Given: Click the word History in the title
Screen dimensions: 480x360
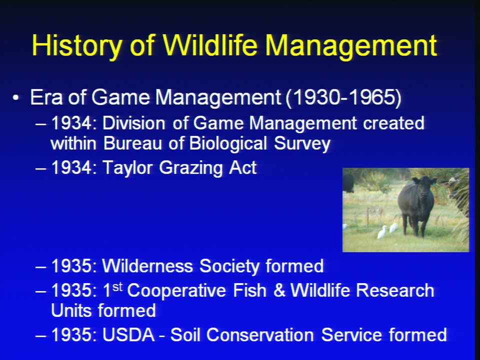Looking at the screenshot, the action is point(76,46).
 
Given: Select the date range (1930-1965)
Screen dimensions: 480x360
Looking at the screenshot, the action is point(343,97).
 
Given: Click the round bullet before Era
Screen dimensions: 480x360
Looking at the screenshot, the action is point(16,98).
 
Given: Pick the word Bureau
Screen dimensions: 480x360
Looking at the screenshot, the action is point(132,143).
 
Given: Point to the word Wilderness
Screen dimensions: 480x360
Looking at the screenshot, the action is point(147,265).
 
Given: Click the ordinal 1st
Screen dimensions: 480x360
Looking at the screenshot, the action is point(113,289).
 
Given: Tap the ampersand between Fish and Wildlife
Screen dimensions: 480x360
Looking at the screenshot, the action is point(279,290).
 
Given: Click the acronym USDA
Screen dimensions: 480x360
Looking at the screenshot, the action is point(128,334).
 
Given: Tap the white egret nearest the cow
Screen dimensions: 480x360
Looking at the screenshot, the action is point(393,228).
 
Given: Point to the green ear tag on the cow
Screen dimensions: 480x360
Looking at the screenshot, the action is point(434,182).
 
